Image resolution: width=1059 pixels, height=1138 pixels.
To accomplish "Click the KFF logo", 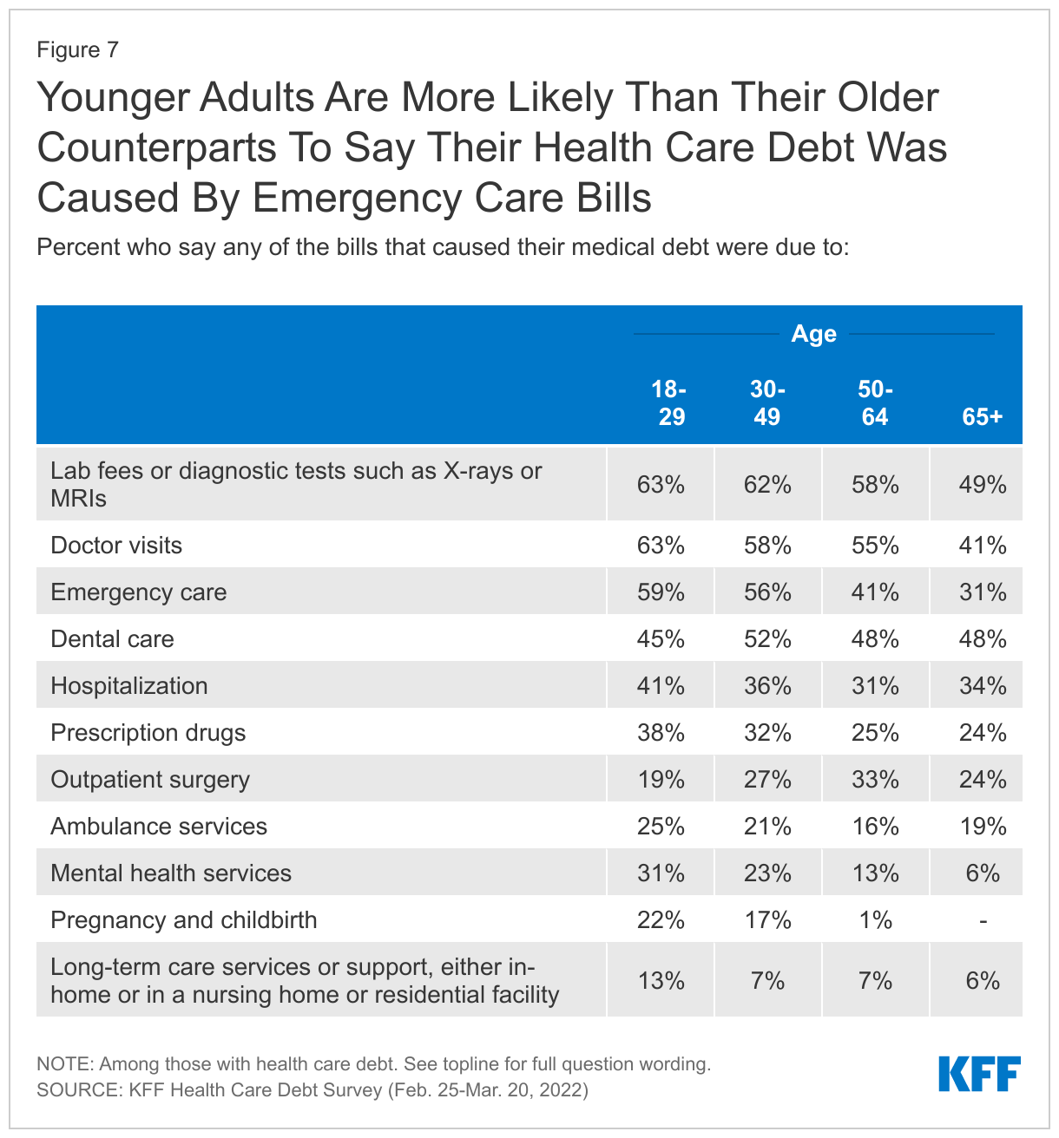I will (x=979, y=1074).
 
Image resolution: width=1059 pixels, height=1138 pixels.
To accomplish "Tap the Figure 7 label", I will (x=77, y=50).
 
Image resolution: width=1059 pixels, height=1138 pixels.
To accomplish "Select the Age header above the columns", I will (x=813, y=334).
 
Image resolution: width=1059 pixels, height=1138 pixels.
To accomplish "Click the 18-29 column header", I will (x=670, y=403).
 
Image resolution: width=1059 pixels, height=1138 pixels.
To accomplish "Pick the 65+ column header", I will (x=982, y=416).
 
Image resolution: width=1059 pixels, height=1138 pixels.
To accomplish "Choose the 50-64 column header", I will (x=874, y=403).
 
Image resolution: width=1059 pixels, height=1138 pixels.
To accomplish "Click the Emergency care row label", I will (x=139, y=592).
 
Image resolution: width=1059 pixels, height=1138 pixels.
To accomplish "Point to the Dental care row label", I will (x=112, y=639).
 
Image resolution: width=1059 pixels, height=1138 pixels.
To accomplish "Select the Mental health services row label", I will (x=171, y=873).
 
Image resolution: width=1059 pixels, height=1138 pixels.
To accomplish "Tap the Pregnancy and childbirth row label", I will (x=184, y=920).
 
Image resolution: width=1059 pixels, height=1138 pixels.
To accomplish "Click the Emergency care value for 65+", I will (x=983, y=592).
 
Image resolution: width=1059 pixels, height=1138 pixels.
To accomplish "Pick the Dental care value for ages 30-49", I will (x=767, y=639).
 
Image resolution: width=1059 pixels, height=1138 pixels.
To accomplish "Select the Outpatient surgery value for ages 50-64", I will (x=875, y=780).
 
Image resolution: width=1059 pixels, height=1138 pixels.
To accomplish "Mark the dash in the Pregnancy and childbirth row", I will (x=983, y=920).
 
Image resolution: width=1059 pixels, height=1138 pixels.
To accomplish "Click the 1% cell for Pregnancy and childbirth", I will (x=875, y=920).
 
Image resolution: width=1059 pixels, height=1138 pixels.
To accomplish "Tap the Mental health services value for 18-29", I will (x=661, y=873).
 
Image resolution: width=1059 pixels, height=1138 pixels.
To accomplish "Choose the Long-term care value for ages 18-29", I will (x=661, y=981).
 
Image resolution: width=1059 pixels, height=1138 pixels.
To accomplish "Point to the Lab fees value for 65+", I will (x=983, y=485).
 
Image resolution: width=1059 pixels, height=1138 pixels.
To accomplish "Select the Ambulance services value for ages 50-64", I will (x=875, y=827).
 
